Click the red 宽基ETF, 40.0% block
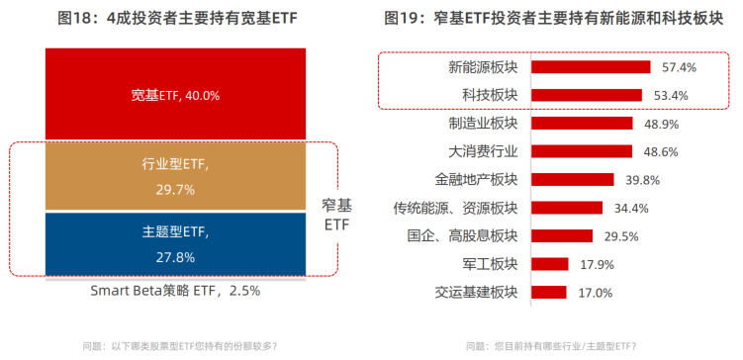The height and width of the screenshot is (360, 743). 174,95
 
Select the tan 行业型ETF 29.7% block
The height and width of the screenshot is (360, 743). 174,176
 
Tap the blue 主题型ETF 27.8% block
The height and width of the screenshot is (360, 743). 174,243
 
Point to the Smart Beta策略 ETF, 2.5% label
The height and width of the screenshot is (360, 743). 175,291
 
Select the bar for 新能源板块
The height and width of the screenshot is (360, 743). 591,67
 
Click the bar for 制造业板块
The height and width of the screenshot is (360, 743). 582,124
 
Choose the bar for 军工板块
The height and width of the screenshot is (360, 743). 550,264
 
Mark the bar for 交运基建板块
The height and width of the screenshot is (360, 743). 549,293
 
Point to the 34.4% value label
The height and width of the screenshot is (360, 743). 630,208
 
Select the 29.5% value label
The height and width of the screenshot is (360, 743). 620,236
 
